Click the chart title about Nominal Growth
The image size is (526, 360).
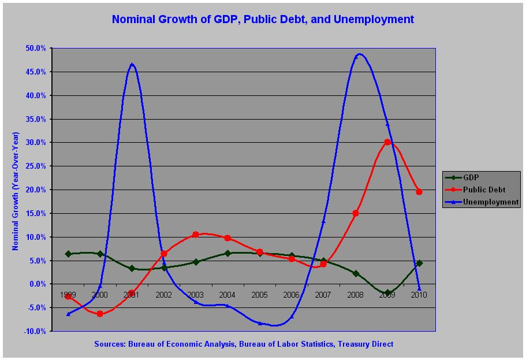263,19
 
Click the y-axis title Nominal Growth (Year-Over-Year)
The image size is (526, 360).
16,191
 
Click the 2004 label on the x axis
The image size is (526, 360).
227,295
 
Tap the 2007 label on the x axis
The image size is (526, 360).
323,295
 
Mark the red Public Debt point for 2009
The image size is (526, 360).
387,142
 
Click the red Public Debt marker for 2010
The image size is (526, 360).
419,192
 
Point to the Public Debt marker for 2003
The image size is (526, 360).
196,235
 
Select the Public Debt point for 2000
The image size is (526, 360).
100,314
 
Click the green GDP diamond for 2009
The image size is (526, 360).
387,293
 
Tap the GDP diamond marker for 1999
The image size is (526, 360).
68,254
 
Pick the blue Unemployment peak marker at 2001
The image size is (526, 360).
132,64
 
